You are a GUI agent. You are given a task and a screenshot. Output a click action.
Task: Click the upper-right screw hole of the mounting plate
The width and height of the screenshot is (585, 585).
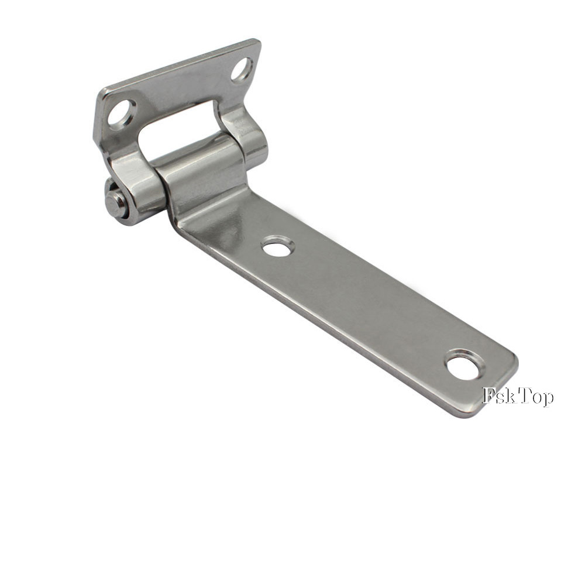pos(242,70)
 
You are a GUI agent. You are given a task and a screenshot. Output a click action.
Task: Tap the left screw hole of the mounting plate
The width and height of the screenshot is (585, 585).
pos(122,113)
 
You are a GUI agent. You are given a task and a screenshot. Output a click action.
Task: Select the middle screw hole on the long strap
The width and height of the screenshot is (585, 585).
pos(277,247)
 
